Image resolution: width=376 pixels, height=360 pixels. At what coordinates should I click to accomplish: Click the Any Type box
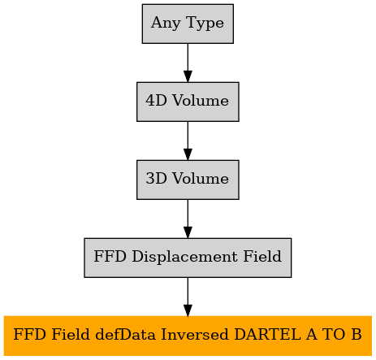(x=188, y=24)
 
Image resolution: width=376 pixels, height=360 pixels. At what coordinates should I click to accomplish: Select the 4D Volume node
(x=188, y=102)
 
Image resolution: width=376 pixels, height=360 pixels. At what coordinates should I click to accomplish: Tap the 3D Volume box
(x=188, y=180)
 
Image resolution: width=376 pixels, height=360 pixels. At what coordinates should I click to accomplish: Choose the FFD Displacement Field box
(x=188, y=258)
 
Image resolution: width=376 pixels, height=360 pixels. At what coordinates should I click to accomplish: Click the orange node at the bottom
(x=188, y=336)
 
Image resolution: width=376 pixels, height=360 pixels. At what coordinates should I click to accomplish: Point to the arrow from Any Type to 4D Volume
(x=188, y=63)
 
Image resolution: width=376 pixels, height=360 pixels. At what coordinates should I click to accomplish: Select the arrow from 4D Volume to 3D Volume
(x=188, y=141)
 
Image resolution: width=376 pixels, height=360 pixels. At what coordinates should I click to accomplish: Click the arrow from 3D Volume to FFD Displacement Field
(x=188, y=219)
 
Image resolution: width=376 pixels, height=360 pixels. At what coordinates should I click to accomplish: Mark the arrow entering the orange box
(x=188, y=297)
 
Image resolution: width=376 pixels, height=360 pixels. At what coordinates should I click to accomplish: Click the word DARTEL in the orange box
(x=267, y=334)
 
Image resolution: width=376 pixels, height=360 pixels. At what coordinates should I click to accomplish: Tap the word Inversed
(x=195, y=334)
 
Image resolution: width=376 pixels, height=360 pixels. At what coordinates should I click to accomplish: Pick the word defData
(x=125, y=334)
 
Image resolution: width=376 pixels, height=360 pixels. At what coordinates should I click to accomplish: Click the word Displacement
(x=184, y=256)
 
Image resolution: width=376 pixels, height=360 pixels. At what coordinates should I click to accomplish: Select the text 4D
(x=156, y=101)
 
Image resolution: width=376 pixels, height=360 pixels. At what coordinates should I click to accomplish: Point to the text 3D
(x=156, y=179)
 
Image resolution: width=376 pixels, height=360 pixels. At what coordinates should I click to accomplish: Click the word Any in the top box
(x=166, y=23)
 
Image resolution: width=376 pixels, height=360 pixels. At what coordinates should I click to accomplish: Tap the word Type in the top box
(x=205, y=23)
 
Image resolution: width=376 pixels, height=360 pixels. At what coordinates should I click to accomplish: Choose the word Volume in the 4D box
(x=201, y=101)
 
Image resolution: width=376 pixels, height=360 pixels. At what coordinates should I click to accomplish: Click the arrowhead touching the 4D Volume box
(x=188, y=76)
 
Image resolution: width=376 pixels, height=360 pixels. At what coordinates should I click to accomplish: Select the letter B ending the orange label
(x=357, y=334)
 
